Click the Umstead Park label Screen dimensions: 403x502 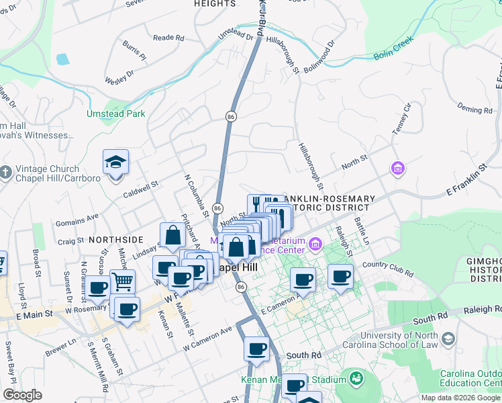click(115, 114)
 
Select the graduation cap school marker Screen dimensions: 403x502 click(115, 163)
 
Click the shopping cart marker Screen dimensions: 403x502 click(122, 281)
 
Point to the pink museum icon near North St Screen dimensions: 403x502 click(398, 167)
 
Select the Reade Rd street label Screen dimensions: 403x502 click(168, 38)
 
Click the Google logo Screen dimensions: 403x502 click(23, 395)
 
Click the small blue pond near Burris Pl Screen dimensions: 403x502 click(62, 58)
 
